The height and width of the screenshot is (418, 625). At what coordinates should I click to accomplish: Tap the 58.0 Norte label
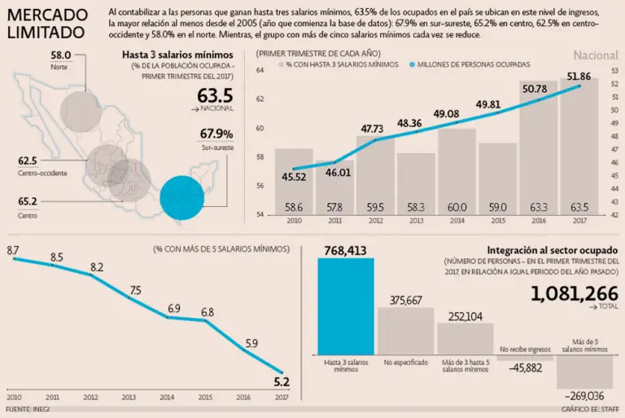point(59,55)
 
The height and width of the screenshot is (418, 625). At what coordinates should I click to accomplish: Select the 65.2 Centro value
point(27,200)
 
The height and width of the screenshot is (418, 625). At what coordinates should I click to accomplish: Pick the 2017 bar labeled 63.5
point(580,147)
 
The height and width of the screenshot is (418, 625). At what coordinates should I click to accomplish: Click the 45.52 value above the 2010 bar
point(293,176)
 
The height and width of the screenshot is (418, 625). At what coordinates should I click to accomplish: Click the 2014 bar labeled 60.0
point(457,172)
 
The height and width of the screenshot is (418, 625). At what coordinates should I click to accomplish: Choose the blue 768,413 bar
point(346,307)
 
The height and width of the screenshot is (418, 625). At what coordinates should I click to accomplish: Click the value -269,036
point(584,394)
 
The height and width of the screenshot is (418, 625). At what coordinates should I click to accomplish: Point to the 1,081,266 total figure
point(574,294)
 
